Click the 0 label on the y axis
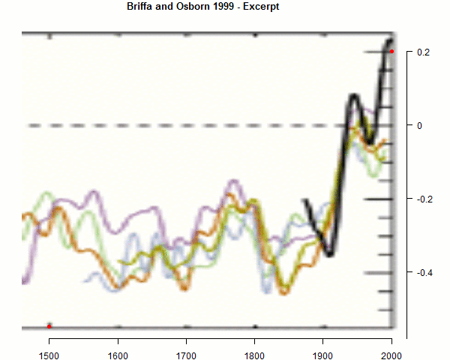(419, 125)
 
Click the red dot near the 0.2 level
(391, 52)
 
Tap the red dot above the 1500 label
(49, 326)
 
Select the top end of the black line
(390, 40)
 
